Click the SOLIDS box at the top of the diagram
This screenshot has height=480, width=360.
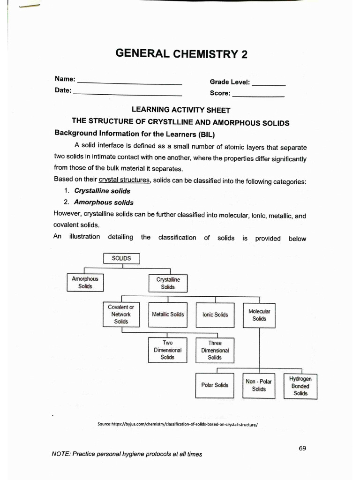[121, 259]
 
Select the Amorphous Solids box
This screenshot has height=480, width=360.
[85, 283]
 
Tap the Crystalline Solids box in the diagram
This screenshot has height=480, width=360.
[168, 284]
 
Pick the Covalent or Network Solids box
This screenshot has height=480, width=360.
[121, 315]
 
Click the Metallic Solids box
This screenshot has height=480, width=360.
[168, 315]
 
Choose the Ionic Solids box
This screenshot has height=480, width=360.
[215, 315]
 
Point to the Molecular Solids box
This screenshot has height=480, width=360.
[259, 315]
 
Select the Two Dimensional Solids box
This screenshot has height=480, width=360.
[167, 350]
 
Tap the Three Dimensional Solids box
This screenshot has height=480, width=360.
[215, 350]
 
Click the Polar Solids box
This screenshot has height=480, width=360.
[215, 385]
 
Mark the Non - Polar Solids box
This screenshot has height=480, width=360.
[258, 385]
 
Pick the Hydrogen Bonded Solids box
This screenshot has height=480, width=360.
[300, 386]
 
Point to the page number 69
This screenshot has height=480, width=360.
[302, 448]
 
